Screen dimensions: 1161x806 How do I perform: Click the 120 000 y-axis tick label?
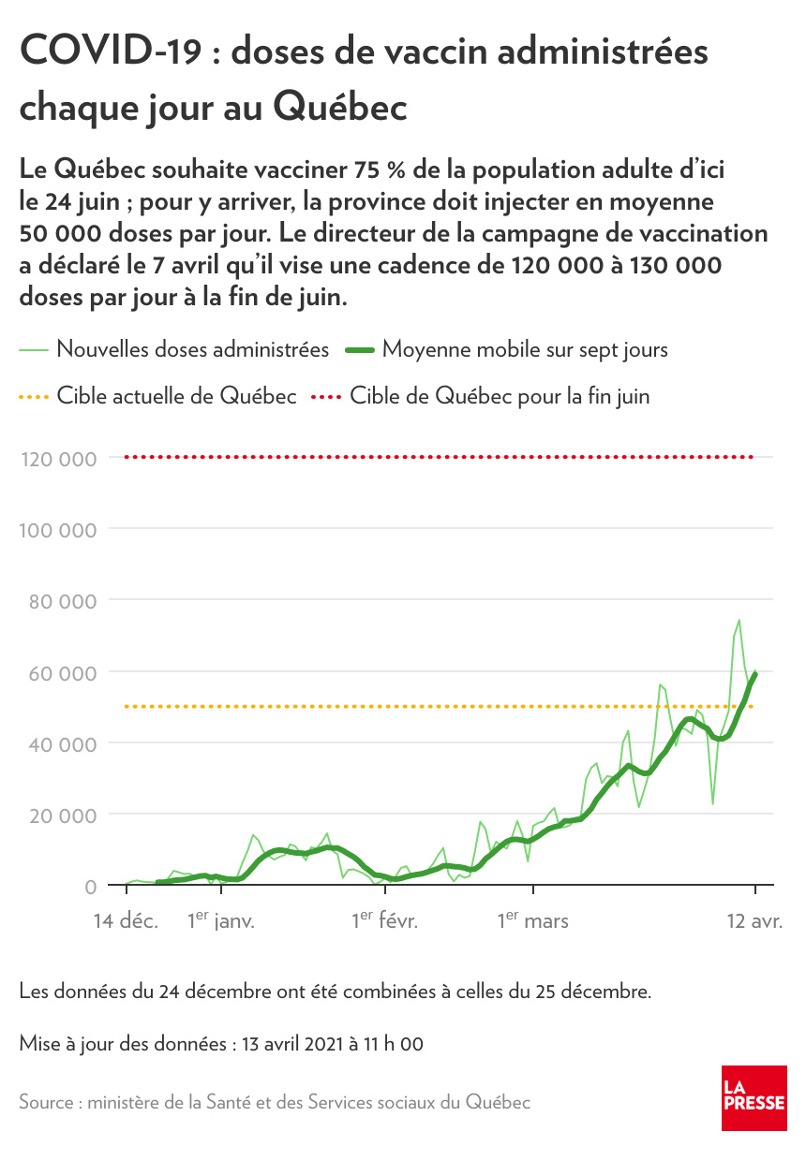57,459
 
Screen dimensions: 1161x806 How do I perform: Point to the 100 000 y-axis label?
57,530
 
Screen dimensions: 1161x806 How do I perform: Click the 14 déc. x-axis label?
126,921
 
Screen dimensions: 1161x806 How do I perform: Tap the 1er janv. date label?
221,921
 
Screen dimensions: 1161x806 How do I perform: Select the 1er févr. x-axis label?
385,921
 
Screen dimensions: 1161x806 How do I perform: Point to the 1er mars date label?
532,921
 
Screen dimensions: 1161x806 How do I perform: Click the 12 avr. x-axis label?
754,921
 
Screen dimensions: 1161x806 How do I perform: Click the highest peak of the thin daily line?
739,620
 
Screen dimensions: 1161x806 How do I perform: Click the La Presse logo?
754,1097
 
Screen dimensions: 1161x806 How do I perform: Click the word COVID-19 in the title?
110,52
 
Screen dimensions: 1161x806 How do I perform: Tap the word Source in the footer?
48,1102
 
